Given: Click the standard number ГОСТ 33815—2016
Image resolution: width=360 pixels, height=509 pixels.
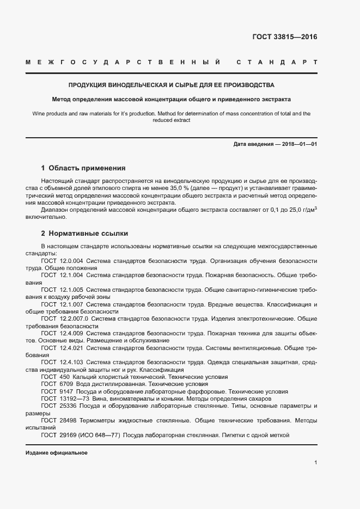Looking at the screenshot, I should (x=284, y=37).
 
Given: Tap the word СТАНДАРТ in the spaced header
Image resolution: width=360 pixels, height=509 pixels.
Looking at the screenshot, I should (x=277, y=63).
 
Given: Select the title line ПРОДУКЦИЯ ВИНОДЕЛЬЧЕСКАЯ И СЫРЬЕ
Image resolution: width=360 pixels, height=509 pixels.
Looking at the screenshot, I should (x=171, y=85).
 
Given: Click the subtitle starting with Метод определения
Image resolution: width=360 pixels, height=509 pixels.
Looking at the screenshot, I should (x=171, y=100).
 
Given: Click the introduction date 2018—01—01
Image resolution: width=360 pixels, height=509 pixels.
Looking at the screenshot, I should (x=298, y=144).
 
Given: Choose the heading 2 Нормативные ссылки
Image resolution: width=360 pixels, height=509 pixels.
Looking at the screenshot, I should (x=84, y=234).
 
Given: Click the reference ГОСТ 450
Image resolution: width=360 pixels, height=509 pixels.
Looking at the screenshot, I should (x=55, y=377).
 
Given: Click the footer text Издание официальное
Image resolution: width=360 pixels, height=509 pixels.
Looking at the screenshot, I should (x=56, y=453).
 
